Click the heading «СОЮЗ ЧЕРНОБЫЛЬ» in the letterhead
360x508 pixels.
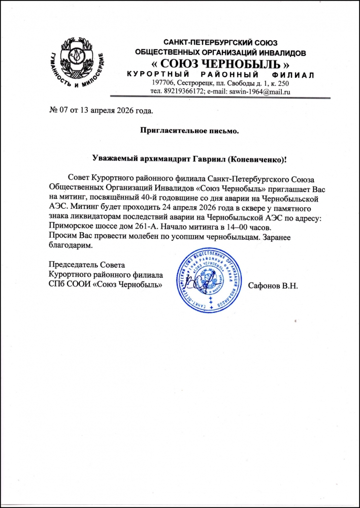click(x=221, y=64)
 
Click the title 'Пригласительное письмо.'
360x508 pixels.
click(x=189, y=131)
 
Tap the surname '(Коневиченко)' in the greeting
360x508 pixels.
click(x=258, y=160)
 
